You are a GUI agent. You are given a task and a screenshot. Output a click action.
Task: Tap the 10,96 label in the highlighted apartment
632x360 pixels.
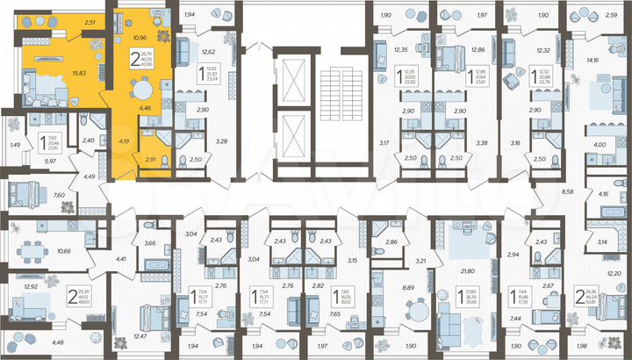[138, 39]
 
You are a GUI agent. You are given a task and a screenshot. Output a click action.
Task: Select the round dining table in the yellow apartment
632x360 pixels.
[141, 87]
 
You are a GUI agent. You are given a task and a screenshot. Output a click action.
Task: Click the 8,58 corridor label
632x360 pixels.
[567, 189]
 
